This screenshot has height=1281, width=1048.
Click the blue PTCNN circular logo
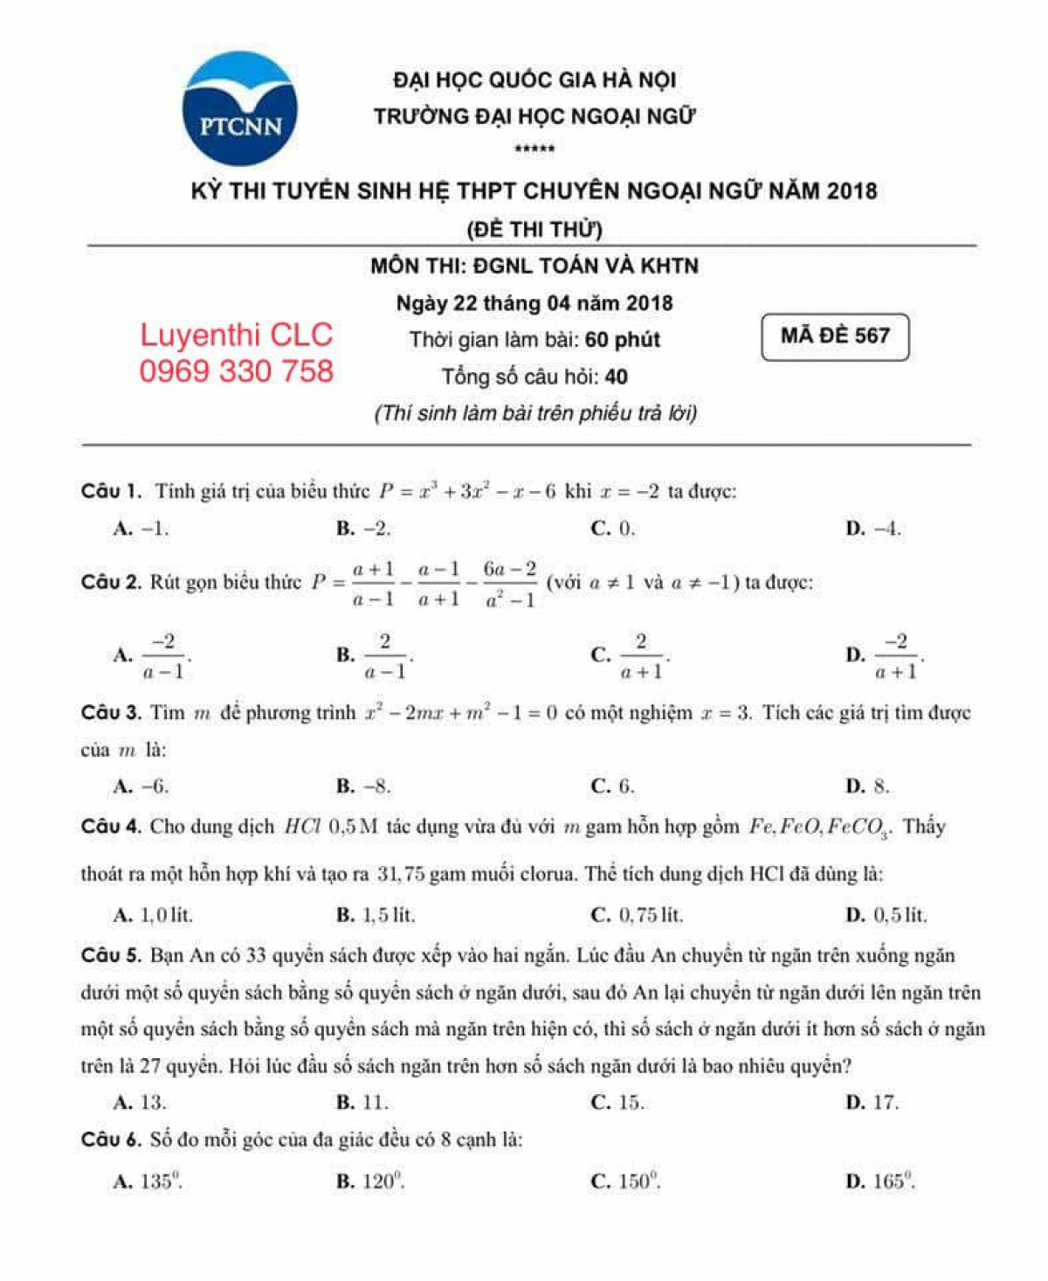pyautogui.click(x=240, y=109)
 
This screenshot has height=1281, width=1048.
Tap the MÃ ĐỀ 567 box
pyautogui.click(x=835, y=336)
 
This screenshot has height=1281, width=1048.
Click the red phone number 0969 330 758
pyautogui.click(x=236, y=371)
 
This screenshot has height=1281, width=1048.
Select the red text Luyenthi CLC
pyautogui.click(x=236, y=336)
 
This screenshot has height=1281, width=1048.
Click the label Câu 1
pyautogui.click(x=111, y=491)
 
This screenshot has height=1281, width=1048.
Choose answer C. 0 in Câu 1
pyautogui.click(x=613, y=529)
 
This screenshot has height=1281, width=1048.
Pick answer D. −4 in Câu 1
pyautogui.click(x=873, y=529)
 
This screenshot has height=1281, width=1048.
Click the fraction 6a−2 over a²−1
pyautogui.click(x=509, y=584)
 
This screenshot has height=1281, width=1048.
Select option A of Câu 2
pyautogui.click(x=153, y=655)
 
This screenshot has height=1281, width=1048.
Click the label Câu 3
pyautogui.click(x=111, y=713)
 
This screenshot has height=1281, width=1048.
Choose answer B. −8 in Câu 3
pyautogui.click(x=364, y=786)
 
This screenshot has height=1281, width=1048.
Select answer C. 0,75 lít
pyautogui.click(x=638, y=916)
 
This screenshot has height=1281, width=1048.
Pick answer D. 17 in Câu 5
pyautogui.click(x=872, y=1103)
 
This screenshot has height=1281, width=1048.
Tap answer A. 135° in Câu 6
pyautogui.click(x=148, y=1182)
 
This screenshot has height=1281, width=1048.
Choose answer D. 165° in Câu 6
pyautogui.click(x=880, y=1182)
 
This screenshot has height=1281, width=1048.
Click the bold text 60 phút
pyautogui.click(x=623, y=340)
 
